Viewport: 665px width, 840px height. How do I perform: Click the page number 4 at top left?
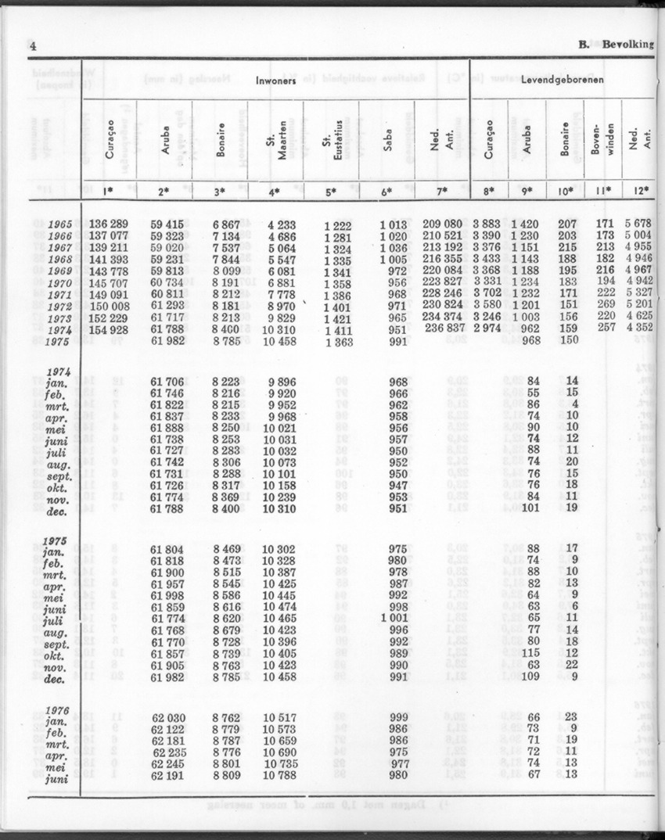[33, 45]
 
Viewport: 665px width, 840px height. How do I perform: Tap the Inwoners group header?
[275, 81]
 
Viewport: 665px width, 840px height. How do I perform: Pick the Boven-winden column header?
[603, 141]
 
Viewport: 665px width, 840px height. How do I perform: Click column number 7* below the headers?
[442, 190]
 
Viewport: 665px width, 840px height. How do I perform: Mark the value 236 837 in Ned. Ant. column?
[444, 329]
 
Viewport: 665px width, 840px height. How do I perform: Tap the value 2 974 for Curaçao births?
[488, 329]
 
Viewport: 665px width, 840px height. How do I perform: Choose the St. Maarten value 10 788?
[280, 775]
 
